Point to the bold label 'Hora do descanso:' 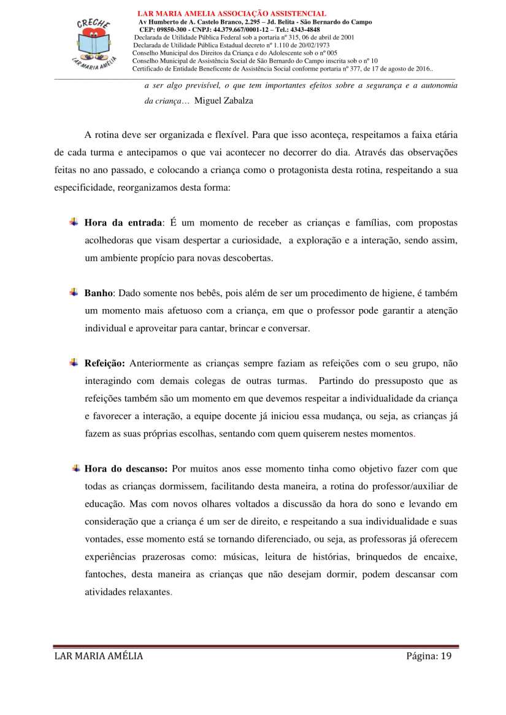[x=126, y=469]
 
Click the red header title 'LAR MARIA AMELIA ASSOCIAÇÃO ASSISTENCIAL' [x=231, y=13]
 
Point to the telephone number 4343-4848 [x=305, y=29]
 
